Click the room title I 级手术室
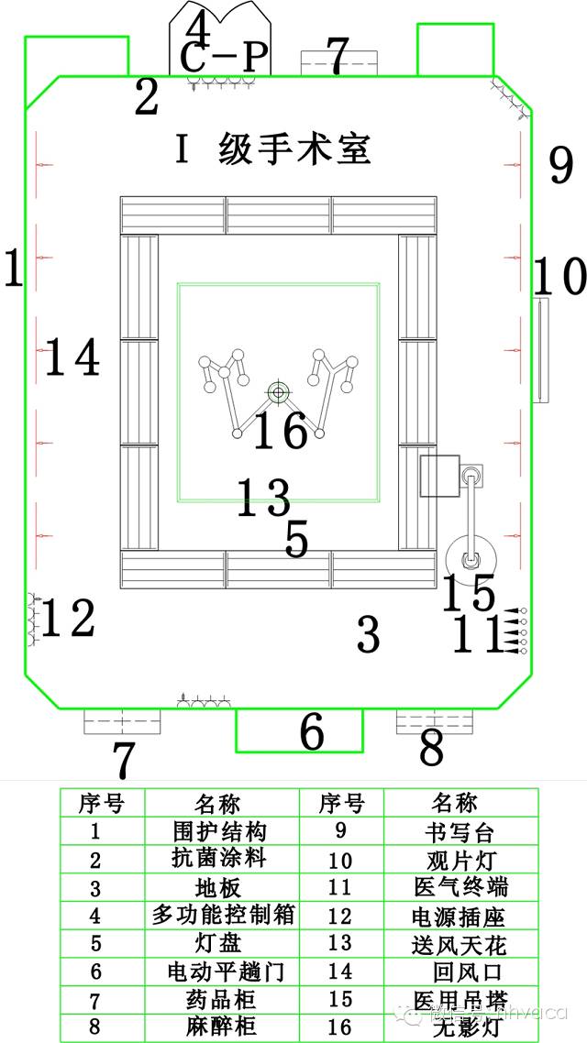(x=272, y=149)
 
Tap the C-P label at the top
(x=224, y=58)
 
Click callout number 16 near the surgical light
(x=280, y=431)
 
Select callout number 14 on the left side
(x=72, y=357)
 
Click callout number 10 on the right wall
(x=559, y=276)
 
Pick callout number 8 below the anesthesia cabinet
(x=431, y=749)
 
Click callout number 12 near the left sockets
(x=68, y=619)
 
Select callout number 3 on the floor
(x=368, y=634)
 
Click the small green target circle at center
(x=277, y=392)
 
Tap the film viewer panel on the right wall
(x=540, y=350)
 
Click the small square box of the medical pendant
(x=438, y=476)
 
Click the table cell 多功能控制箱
(x=223, y=916)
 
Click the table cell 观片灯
(x=455, y=860)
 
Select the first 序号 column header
(x=102, y=804)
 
